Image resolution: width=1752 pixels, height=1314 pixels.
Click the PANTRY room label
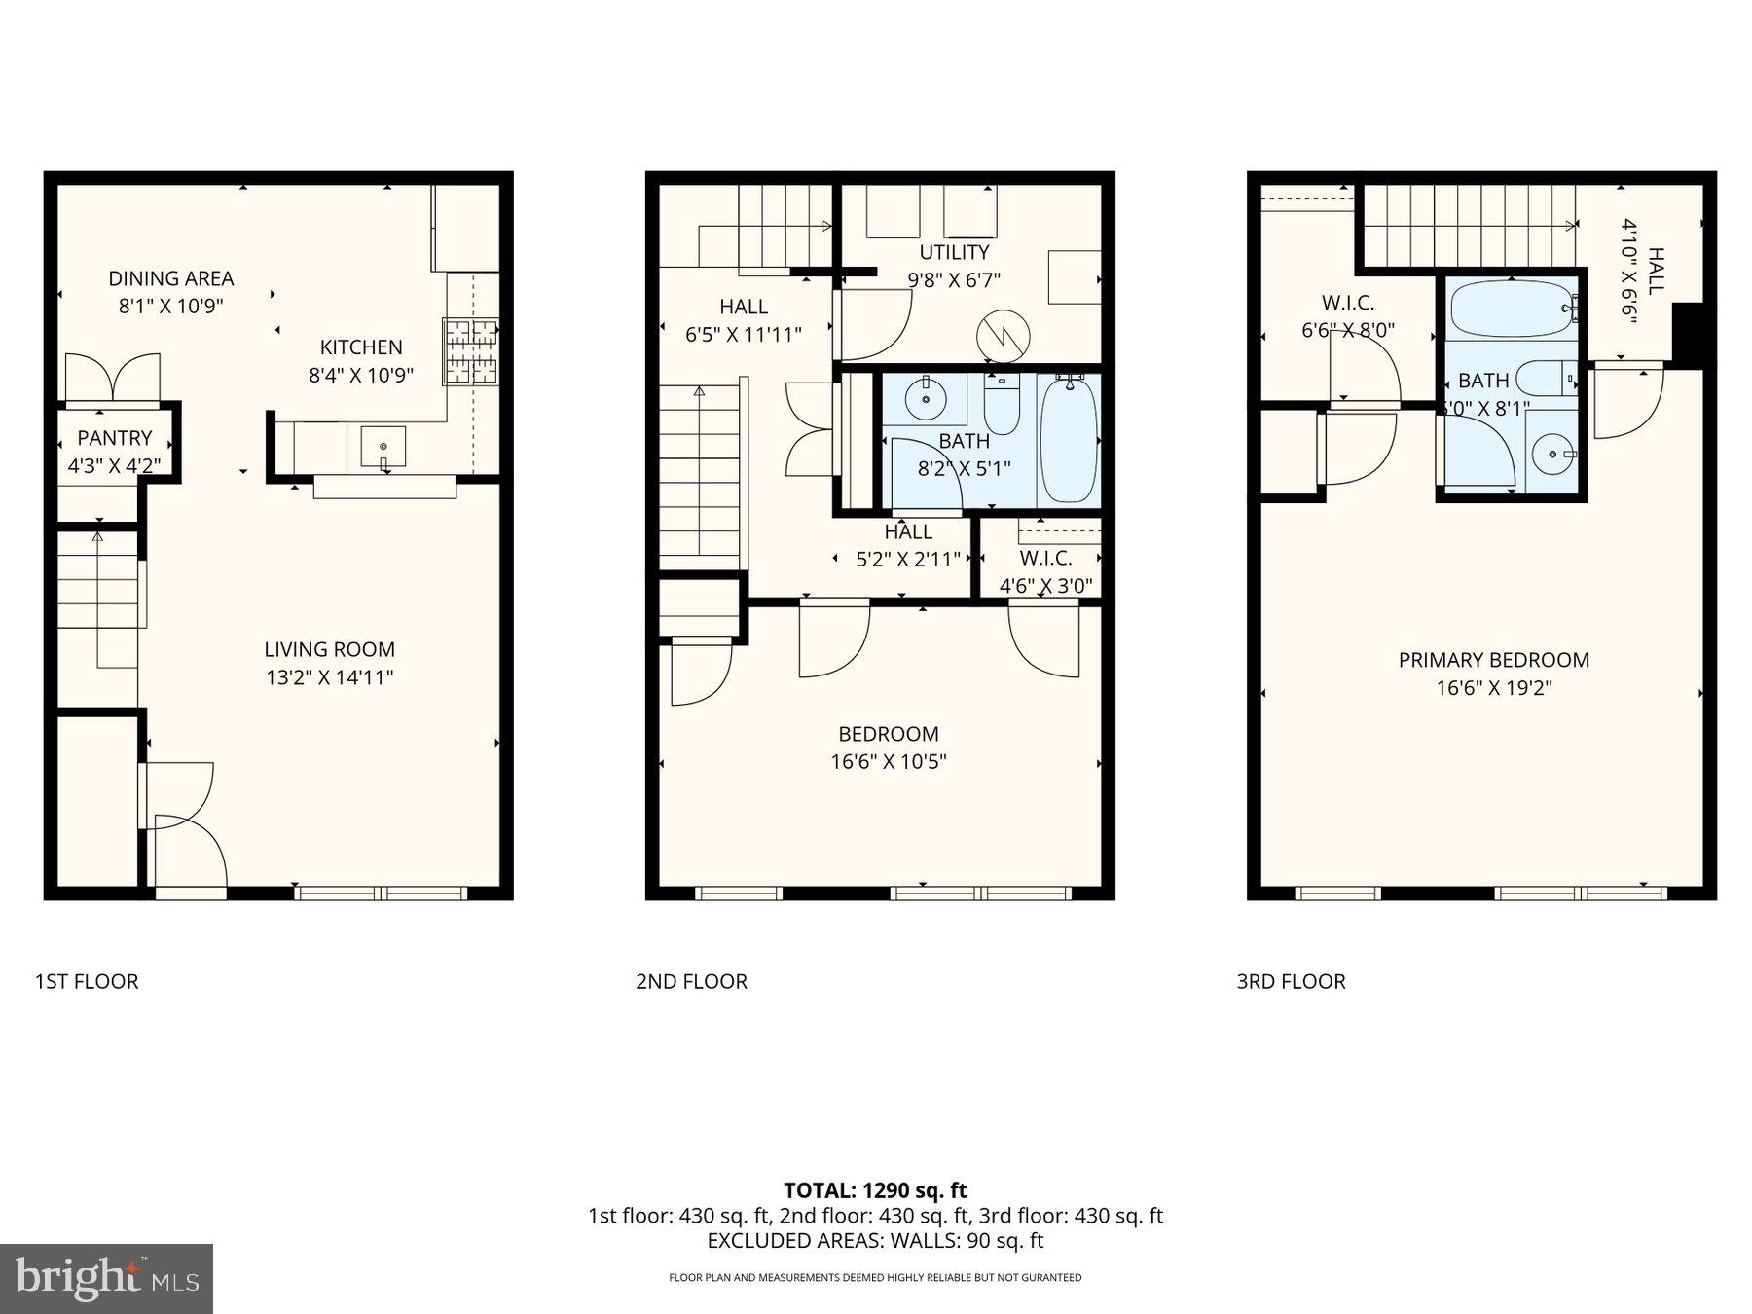point(115,438)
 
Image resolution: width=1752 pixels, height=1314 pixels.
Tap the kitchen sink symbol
point(384,448)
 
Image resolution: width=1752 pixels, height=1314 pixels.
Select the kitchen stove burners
point(471,350)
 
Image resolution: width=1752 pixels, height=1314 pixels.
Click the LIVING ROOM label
point(329,649)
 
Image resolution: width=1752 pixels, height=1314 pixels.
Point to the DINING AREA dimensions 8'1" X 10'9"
point(171,306)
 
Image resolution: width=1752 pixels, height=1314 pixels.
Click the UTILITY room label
point(954,252)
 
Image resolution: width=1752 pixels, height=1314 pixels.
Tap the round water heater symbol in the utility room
point(1003,336)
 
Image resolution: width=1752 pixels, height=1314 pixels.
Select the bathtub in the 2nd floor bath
point(1068,440)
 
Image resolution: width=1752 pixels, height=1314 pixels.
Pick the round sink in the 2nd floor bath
point(925,397)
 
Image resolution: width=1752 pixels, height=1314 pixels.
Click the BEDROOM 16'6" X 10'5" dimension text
point(888,761)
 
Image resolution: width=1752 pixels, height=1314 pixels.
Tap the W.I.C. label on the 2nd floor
point(1045,559)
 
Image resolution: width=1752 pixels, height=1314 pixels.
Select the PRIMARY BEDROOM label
point(1493,660)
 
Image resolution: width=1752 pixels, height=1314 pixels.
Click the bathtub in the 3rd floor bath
point(1511,310)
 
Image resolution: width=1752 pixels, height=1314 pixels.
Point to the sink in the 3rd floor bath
point(1550,454)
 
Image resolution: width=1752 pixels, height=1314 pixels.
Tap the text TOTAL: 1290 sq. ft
point(875,1189)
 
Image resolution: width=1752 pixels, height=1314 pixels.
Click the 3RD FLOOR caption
point(1291,981)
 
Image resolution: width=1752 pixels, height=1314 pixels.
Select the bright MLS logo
point(106,1278)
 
